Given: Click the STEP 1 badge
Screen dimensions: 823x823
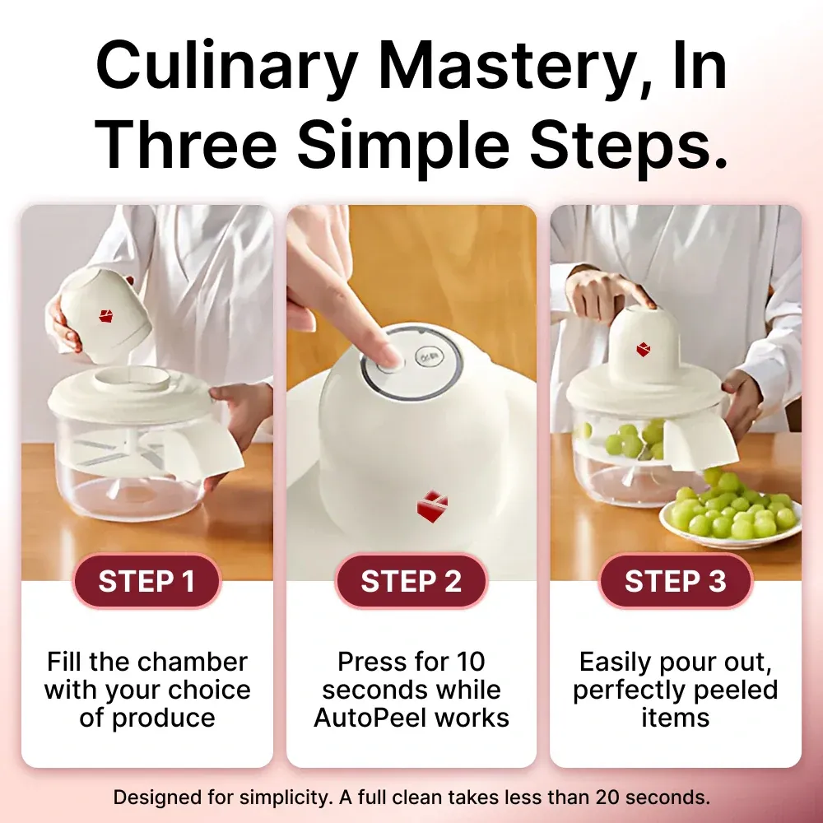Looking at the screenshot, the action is pyautogui.click(x=146, y=581).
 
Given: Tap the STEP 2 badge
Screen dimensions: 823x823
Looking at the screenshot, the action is pyautogui.click(x=411, y=581).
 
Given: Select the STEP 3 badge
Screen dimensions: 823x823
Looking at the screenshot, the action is pyautogui.click(x=676, y=581).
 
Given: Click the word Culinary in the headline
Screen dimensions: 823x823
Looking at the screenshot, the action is pyautogui.click(x=228, y=67).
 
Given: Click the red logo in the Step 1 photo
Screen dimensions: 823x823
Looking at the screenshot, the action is pyautogui.click(x=106, y=315).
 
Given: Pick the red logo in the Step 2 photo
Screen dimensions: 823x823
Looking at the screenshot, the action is pyautogui.click(x=432, y=506).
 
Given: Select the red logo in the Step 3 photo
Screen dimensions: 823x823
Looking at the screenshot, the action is pyautogui.click(x=644, y=349).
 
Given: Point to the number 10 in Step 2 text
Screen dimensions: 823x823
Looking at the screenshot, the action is pyautogui.click(x=470, y=662).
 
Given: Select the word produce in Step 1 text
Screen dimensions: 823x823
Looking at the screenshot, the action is pyautogui.click(x=163, y=718).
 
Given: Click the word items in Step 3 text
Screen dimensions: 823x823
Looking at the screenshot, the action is pyautogui.click(x=676, y=718).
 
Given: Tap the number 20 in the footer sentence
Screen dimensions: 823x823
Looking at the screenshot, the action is pyautogui.click(x=608, y=797).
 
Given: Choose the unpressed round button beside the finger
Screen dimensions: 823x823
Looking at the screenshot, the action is pyautogui.click(x=430, y=357).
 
